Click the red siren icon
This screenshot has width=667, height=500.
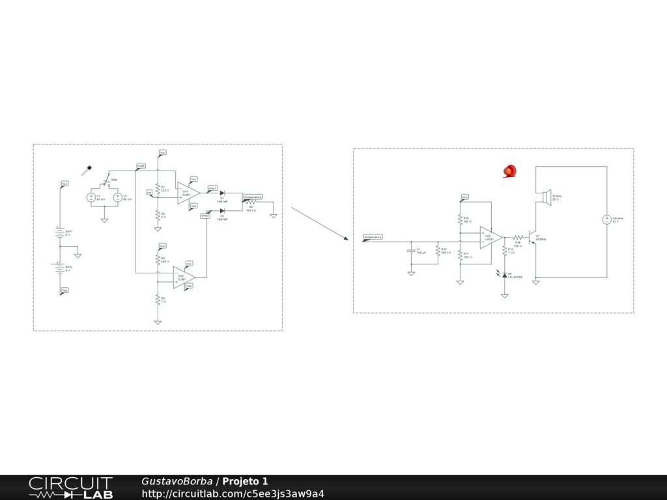(x=509, y=171)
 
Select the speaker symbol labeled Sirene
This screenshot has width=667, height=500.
(x=546, y=197)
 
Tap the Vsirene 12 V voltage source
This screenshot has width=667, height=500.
(x=606, y=220)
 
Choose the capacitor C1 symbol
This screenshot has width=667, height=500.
(x=411, y=250)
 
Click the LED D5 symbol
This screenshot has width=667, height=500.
(x=504, y=276)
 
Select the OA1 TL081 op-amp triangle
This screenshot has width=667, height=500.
(x=187, y=193)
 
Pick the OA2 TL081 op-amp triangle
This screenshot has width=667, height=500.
(x=183, y=277)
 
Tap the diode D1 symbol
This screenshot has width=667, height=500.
(x=222, y=193)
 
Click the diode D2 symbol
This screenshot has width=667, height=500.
(x=222, y=210)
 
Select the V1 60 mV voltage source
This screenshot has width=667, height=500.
(x=92, y=197)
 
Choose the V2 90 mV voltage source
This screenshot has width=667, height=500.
(x=118, y=197)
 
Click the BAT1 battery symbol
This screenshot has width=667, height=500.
(x=59, y=232)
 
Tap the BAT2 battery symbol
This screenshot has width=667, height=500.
(x=59, y=267)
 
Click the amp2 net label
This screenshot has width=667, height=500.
(x=205, y=215)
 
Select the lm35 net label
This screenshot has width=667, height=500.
(x=141, y=166)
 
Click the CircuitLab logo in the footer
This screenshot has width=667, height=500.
(x=70, y=488)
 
